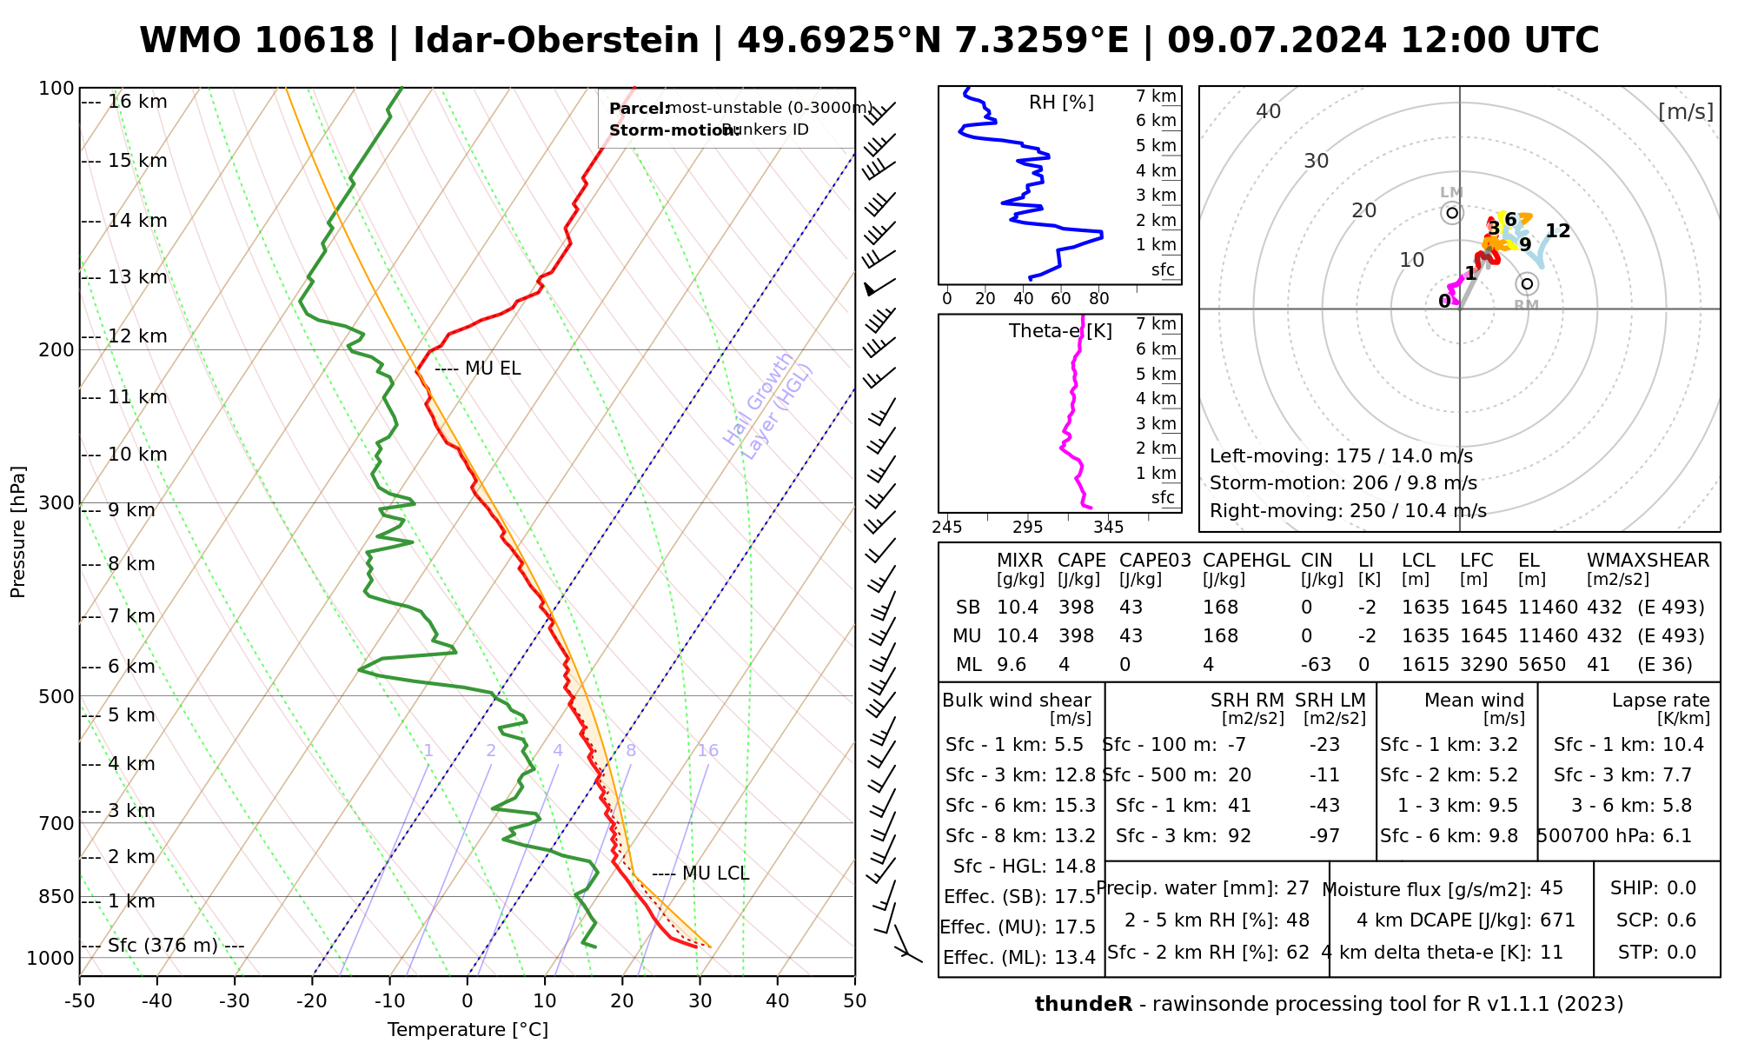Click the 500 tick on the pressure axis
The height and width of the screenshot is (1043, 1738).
click(x=56, y=696)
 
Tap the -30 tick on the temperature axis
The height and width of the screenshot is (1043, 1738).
click(x=235, y=1001)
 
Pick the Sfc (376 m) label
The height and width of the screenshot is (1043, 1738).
click(x=163, y=946)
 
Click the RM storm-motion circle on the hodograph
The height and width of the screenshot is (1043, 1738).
click(x=1527, y=284)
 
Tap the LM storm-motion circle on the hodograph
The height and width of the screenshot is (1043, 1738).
click(x=1452, y=213)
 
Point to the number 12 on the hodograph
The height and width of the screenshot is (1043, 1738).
click(x=1558, y=231)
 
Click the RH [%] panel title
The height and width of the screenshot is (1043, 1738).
click(x=1061, y=103)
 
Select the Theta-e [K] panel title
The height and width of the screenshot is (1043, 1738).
click(x=1060, y=331)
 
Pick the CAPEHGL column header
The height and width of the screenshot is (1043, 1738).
click(x=1246, y=561)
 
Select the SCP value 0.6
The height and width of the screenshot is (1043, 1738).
click(x=1682, y=920)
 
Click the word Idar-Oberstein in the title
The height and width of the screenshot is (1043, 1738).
click(x=556, y=41)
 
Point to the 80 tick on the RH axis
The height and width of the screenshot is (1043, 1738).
click(x=1099, y=299)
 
